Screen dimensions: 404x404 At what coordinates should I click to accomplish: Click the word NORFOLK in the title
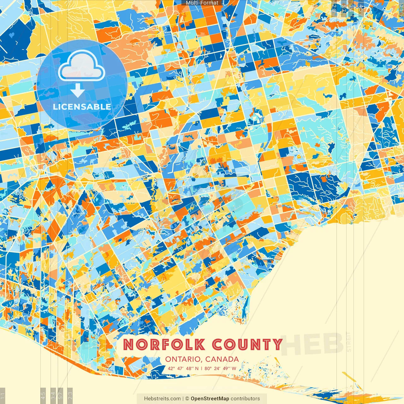(x=164, y=344)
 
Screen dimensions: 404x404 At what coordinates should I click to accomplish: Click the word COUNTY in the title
(x=247, y=344)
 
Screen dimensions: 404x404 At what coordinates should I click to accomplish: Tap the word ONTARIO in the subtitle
(x=183, y=359)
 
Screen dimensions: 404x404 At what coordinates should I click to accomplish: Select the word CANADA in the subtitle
(x=222, y=359)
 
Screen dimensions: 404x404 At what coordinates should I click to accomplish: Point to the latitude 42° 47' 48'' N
(x=183, y=368)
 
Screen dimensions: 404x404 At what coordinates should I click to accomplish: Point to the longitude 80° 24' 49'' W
(x=220, y=368)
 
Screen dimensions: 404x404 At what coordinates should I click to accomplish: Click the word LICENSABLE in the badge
(x=82, y=107)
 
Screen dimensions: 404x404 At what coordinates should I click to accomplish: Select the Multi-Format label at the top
(x=202, y=3)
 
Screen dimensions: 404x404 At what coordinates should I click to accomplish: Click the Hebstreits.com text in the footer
(x=162, y=399)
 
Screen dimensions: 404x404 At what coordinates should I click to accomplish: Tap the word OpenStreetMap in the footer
(x=210, y=399)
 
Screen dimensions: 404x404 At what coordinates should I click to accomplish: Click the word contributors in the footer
(x=245, y=399)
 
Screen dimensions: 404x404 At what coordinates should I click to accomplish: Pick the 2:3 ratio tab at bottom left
(x=70, y=395)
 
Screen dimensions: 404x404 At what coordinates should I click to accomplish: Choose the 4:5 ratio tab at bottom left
(x=43, y=395)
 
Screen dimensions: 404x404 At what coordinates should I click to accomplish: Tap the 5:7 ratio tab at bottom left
(x=61, y=395)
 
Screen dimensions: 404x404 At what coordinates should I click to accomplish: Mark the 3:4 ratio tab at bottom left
(x=53, y=395)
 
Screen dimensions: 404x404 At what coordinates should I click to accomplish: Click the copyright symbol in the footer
(x=187, y=399)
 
